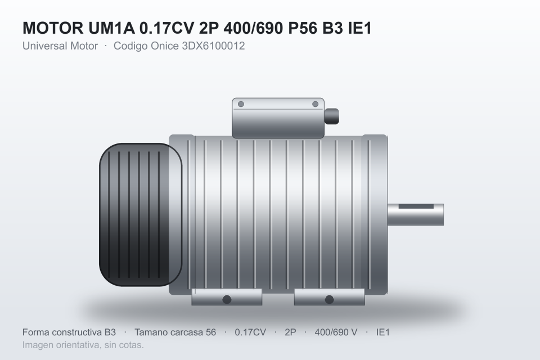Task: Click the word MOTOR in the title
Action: tap(53, 28)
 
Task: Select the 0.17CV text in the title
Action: tap(166, 28)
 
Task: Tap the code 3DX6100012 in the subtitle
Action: tap(213, 46)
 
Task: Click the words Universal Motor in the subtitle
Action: tap(60, 46)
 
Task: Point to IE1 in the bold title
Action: tap(360, 28)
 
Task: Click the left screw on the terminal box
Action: tap(241, 104)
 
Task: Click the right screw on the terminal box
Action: tap(315, 104)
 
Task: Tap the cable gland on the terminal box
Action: tap(331, 116)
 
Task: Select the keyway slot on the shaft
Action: tap(416, 206)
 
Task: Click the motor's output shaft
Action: tap(416, 215)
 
